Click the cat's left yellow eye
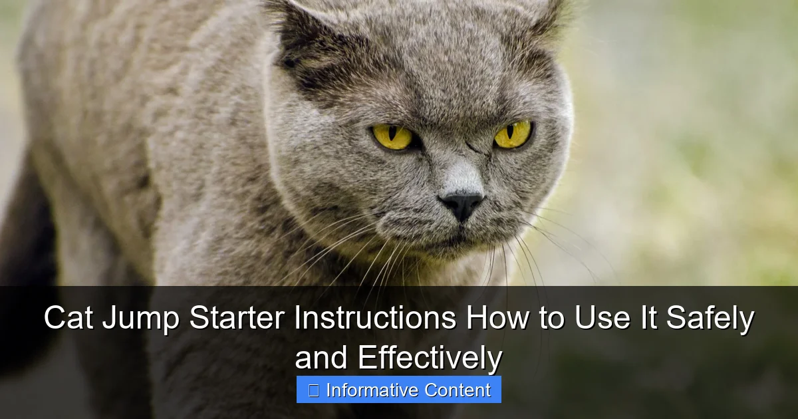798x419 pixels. [x=392, y=136]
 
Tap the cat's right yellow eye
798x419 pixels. [x=513, y=134]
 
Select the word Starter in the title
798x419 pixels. [x=237, y=319]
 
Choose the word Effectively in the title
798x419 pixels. [x=430, y=358]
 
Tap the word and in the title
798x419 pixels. [x=323, y=358]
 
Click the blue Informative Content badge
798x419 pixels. [x=399, y=390]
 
